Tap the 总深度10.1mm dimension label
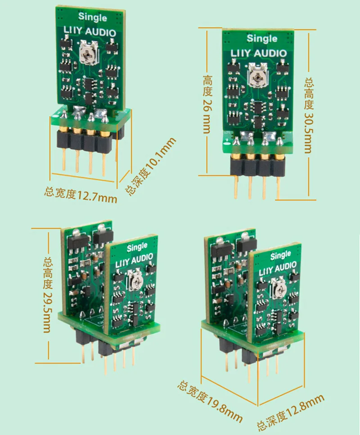[150, 166]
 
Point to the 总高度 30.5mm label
[309, 116]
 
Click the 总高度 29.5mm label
[47, 295]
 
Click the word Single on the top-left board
[92, 17]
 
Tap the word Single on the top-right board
[262, 38]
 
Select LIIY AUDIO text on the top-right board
[259, 53]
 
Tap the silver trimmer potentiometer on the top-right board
[257, 75]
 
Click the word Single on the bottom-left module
[137, 247]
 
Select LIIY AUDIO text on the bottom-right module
[278, 269]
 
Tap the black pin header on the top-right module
[258, 167]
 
